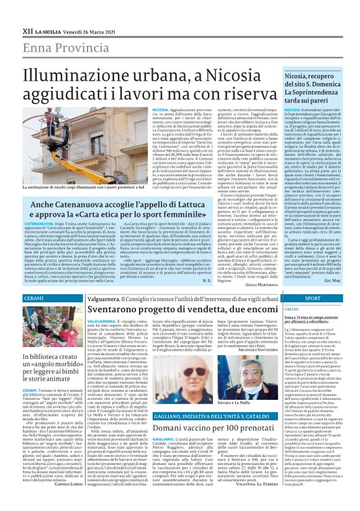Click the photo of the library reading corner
(x=52, y=329)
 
